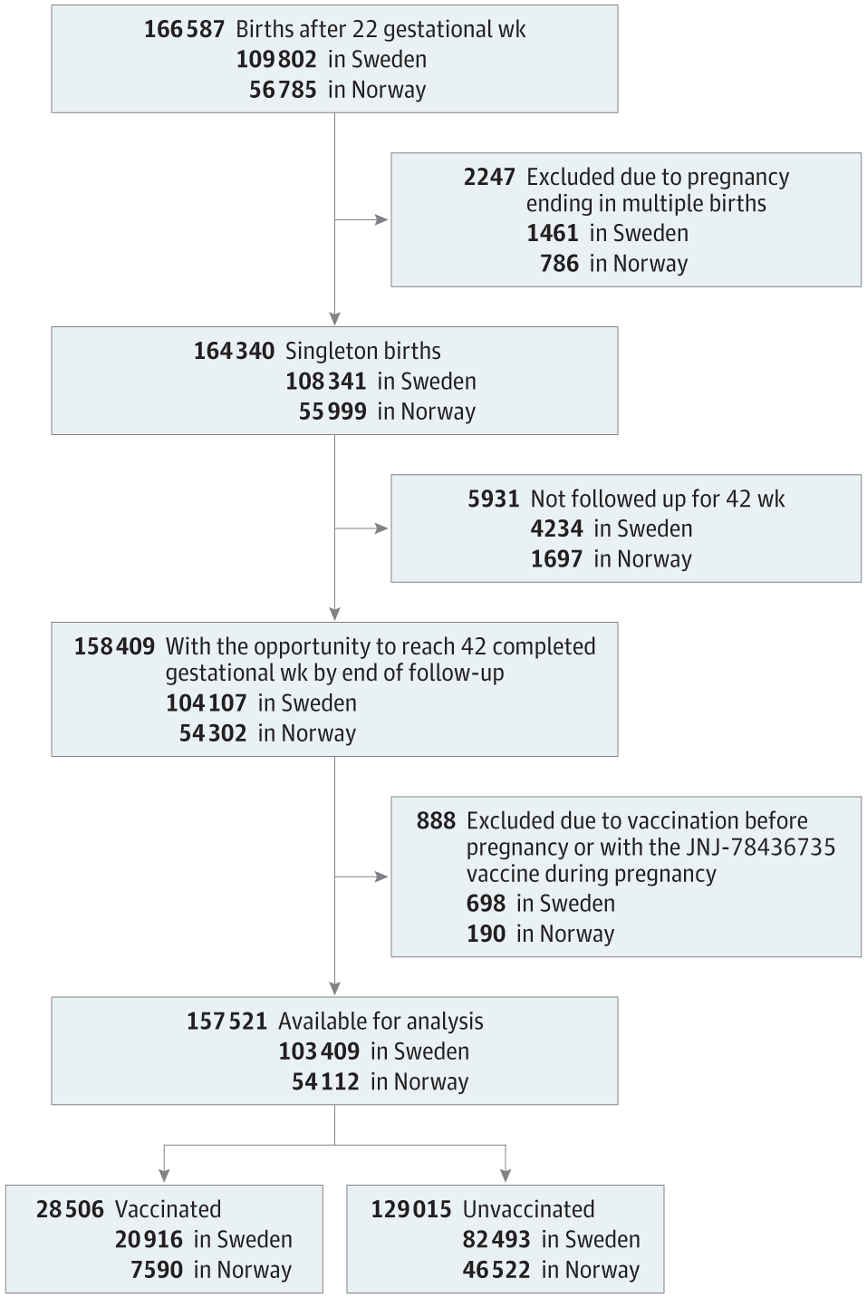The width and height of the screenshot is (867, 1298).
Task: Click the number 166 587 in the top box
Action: coord(184,30)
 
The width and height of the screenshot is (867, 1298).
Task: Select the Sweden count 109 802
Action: coord(276,60)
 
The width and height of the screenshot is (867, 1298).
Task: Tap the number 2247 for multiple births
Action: coord(489,178)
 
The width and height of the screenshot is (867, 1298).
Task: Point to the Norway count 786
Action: coord(560,264)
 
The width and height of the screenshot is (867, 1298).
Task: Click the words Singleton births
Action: coord(362,351)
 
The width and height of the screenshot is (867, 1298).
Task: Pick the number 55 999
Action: coord(332,412)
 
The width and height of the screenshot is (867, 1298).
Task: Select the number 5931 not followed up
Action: coord(494,499)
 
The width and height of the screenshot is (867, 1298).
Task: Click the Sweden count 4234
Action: coord(556,529)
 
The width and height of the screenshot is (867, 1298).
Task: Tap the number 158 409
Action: coord(115,646)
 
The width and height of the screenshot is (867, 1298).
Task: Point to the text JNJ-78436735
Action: coord(760,848)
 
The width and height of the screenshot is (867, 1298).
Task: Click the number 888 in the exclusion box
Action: coord(436,821)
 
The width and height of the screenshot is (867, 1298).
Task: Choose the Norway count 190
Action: coord(486,935)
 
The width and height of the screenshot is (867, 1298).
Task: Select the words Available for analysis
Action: coord(381,1022)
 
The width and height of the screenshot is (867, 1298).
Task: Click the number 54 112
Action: coord(325,1082)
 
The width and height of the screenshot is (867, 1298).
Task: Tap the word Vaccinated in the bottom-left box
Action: coord(168,1210)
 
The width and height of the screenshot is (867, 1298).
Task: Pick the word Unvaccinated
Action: coord(529,1210)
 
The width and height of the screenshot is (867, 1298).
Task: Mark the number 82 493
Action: coord(496,1240)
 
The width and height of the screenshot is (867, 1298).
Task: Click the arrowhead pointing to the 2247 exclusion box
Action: coord(381,220)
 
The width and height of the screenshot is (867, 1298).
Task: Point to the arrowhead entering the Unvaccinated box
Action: coord(506,1175)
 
